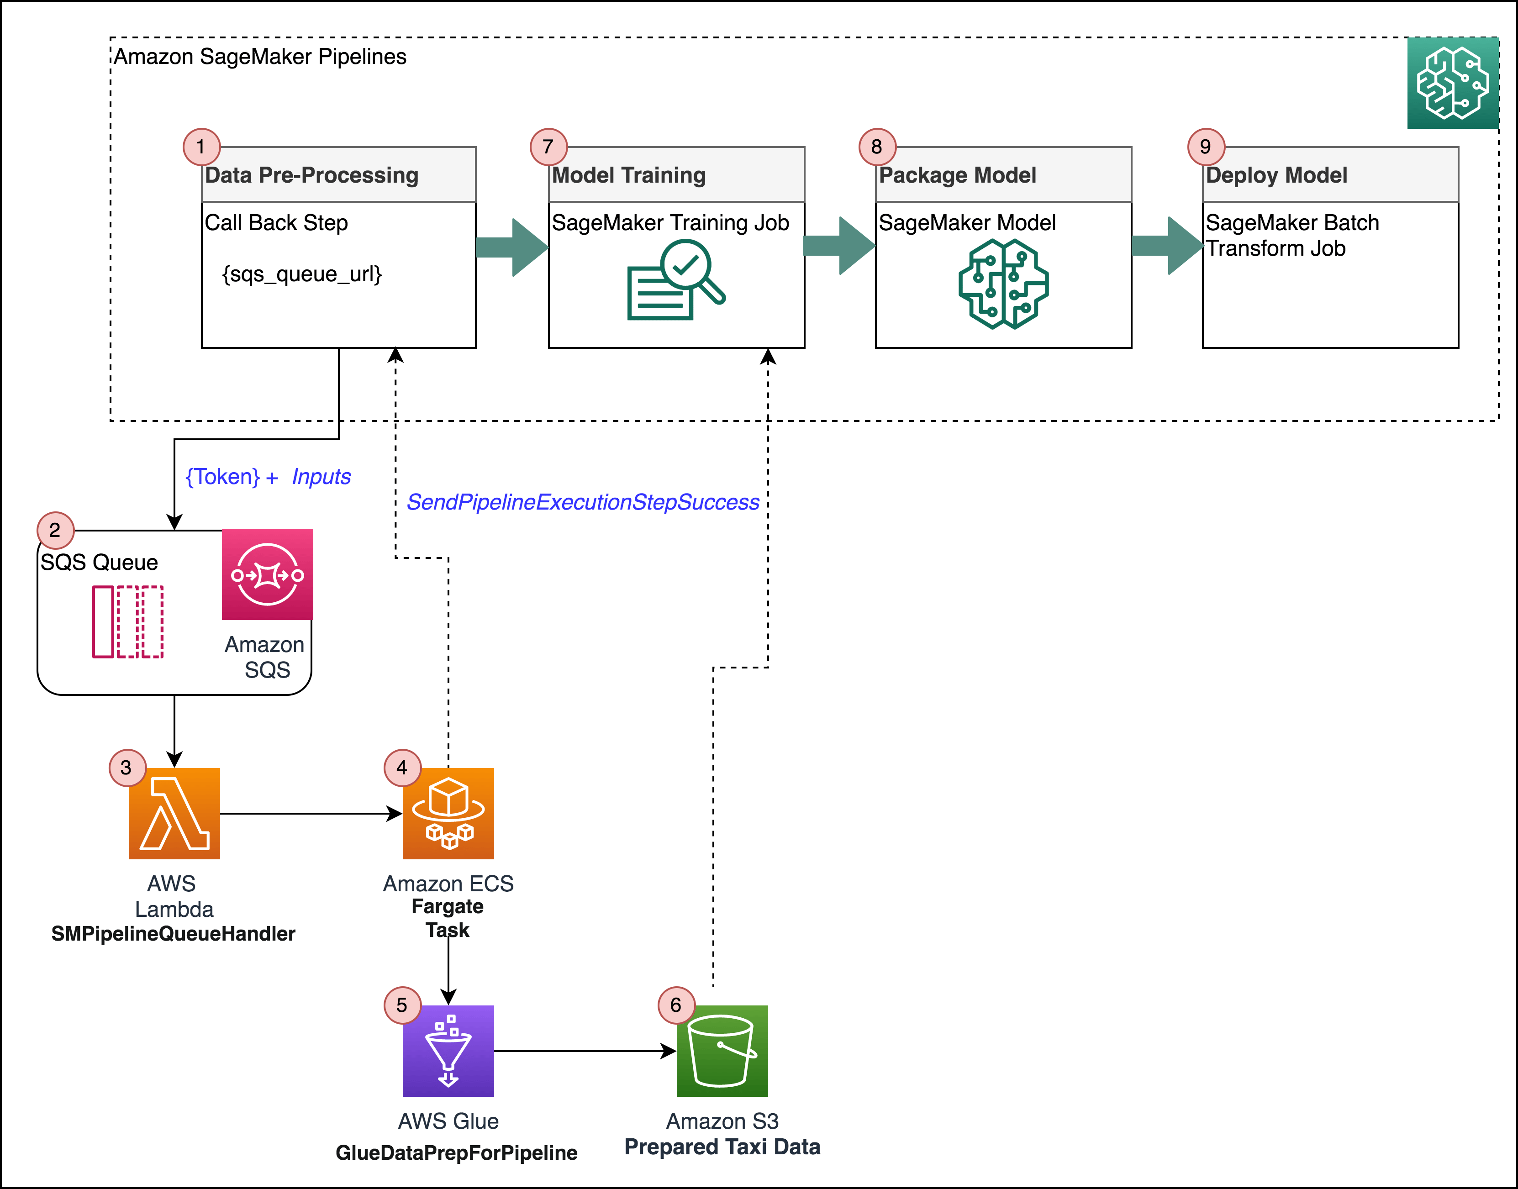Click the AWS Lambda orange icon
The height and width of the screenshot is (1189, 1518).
point(174,813)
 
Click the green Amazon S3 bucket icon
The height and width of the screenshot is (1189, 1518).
point(722,1051)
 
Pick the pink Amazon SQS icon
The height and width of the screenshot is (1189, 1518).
point(268,574)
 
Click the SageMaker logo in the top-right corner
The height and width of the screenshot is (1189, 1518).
point(1453,83)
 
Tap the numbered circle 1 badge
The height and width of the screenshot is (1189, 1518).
point(201,147)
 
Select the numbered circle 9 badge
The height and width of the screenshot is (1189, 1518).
point(1205,147)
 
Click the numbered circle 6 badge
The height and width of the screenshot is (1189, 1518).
point(675,1005)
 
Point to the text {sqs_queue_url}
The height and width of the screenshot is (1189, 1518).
point(301,274)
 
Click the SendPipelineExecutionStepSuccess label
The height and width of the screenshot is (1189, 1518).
point(582,502)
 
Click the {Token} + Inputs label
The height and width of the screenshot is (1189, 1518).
point(268,477)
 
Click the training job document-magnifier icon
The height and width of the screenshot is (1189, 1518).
point(675,280)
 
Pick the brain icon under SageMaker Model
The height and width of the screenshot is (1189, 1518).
point(1003,284)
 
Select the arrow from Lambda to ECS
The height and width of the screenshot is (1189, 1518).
point(310,813)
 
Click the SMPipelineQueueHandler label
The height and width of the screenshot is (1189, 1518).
point(174,933)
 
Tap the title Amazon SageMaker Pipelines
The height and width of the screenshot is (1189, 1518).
point(260,56)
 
